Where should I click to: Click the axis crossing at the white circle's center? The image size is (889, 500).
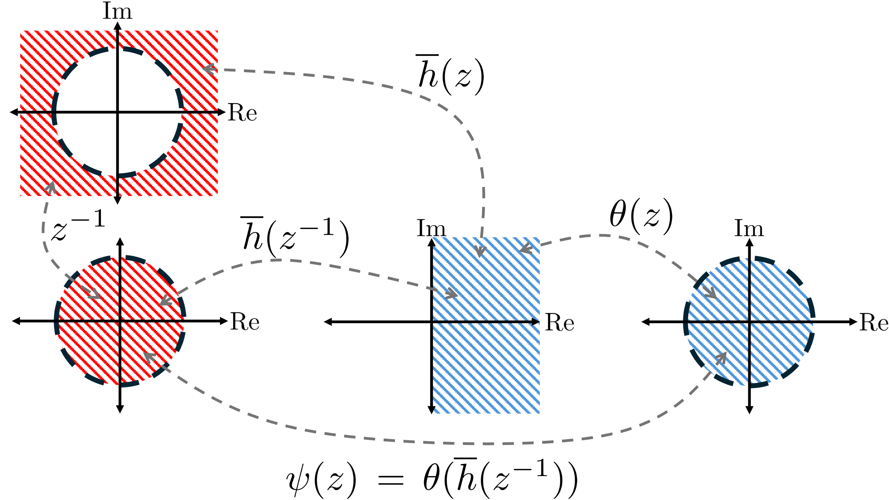(118, 112)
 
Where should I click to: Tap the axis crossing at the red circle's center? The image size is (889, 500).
(120, 321)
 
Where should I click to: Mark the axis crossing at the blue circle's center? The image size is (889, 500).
(749, 322)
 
